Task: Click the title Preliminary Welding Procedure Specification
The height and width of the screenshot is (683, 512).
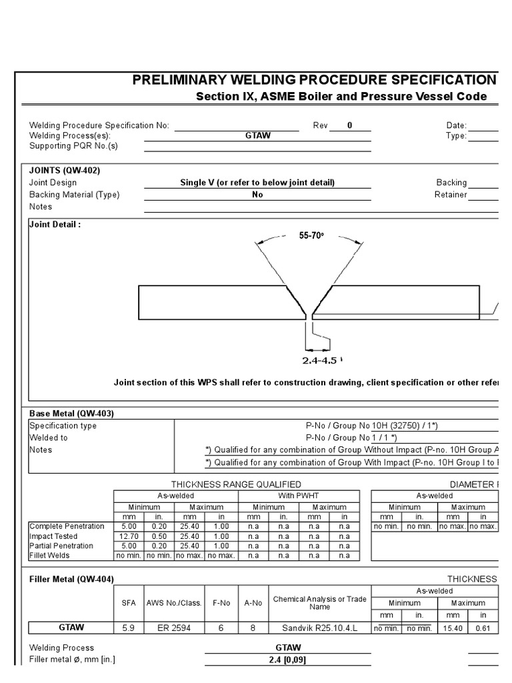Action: (314, 80)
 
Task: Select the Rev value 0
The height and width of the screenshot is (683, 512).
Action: (349, 125)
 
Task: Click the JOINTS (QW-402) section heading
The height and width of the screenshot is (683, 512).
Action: (65, 170)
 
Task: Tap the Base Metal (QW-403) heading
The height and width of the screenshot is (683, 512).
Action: (71, 414)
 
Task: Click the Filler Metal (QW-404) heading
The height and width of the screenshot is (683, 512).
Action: (72, 579)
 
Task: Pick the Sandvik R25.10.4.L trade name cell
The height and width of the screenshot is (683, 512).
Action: (319, 628)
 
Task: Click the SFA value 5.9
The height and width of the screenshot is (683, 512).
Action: (128, 628)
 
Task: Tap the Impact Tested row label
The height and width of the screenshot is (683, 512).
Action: (53, 536)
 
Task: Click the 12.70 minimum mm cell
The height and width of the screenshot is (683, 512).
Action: (129, 536)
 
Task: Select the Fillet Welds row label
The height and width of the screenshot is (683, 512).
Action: (49, 556)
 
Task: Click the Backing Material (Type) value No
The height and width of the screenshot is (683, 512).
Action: (257, 195)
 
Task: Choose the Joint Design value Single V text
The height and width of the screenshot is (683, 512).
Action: (257, 183)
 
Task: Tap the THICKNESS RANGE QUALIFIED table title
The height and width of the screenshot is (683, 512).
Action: (236, 484)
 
